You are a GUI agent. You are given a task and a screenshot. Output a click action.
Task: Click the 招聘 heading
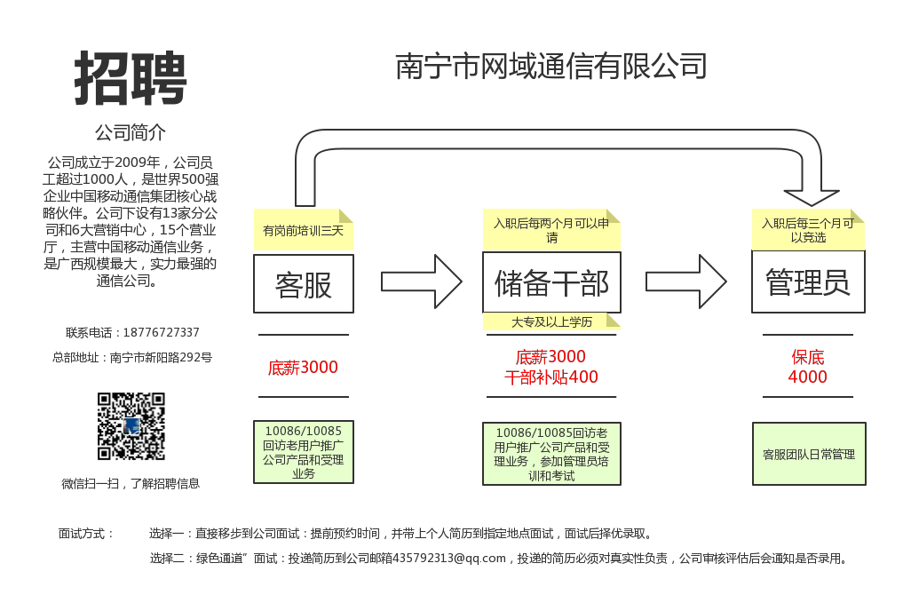pos(131,78)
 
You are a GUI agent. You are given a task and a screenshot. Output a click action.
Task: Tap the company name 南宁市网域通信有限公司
pos(551,67)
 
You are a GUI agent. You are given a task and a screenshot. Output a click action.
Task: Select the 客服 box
pos(304,284)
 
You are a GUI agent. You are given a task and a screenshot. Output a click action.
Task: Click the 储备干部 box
pos(551,283)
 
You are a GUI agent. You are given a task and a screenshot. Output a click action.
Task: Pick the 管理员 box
pos(808,283)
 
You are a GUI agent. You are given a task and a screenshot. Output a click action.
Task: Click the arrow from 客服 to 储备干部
pos(421,282)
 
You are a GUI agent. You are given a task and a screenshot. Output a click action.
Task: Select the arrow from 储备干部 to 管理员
pos(685,282)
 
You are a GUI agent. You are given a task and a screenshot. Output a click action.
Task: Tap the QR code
pos(131,426)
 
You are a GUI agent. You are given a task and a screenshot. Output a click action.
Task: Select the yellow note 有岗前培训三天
pos(303,231)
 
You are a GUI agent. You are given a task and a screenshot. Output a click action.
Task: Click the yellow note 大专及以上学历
pos(551,321)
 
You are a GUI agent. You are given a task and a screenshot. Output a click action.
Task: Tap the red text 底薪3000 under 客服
pos(303,367)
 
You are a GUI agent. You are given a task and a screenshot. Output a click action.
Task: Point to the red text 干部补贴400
pos(551,377)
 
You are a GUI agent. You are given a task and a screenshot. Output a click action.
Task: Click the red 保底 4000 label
pos(808,367)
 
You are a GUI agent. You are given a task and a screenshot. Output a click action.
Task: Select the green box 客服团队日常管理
pos(809,454)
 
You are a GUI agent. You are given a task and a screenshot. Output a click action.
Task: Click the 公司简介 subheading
pos(131,133)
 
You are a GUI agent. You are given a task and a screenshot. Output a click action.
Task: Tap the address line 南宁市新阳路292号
pos(161,358)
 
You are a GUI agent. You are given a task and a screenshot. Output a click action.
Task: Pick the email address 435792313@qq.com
pos(455,559)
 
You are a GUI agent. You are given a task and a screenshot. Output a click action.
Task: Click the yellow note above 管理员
pos(808,230)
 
